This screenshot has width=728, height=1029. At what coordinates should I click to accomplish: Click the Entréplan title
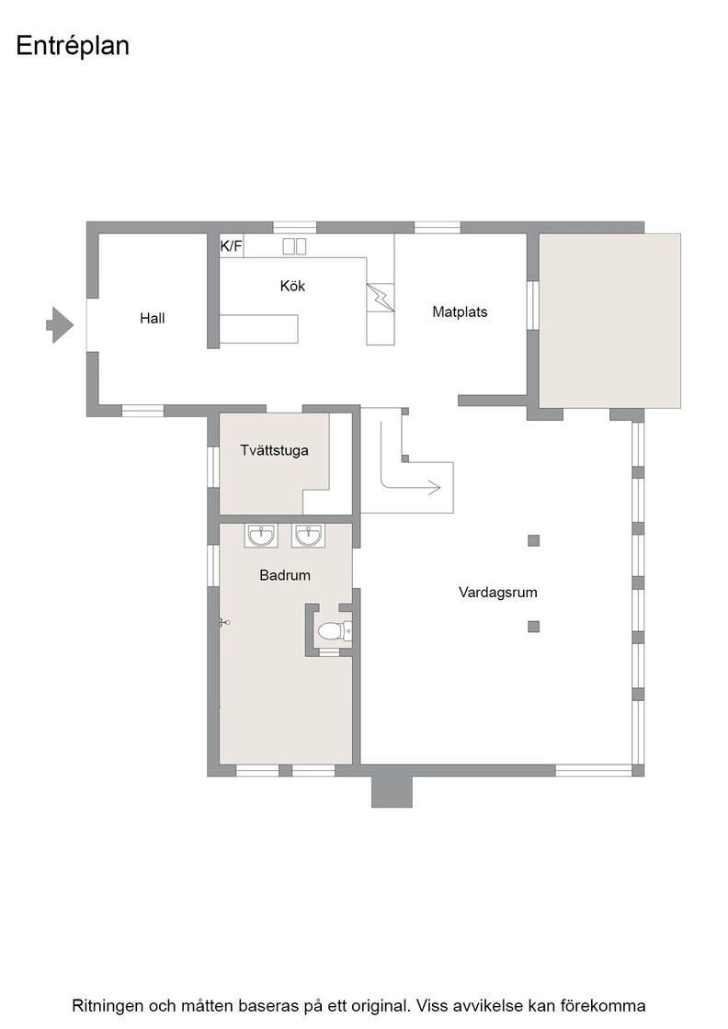point(73,47)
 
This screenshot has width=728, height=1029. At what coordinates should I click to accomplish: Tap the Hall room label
point(153,318)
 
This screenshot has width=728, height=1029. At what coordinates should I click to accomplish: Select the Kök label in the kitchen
point(293,286)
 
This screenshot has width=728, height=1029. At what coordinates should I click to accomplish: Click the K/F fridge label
point(231,247)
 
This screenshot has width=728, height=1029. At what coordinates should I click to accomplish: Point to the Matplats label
point(460,311)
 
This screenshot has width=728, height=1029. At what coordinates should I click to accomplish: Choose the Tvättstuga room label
point(275,450)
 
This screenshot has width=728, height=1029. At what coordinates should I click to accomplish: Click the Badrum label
point(285,575)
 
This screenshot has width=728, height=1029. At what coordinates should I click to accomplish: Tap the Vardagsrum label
point(497,593)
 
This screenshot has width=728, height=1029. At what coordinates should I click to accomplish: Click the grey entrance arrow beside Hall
point(60,325)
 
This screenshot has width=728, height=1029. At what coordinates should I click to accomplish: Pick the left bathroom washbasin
point(261,536)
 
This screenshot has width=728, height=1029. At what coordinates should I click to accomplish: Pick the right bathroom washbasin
point(308,536)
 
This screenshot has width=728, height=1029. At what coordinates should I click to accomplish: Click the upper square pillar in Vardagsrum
point(534,541)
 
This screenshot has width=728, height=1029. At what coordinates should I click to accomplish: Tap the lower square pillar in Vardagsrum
point(534,627)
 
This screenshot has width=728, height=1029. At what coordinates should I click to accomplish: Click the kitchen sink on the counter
point(295,246)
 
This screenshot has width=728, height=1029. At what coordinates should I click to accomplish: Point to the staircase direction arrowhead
point(434,487)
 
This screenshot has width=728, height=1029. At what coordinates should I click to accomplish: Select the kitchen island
point(258,329)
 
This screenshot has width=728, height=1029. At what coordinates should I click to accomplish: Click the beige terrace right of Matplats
point(609,321)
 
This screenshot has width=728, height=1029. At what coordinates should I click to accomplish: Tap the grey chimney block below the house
point(392,791)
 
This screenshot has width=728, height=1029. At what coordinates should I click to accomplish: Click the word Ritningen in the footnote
point(106,1006)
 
